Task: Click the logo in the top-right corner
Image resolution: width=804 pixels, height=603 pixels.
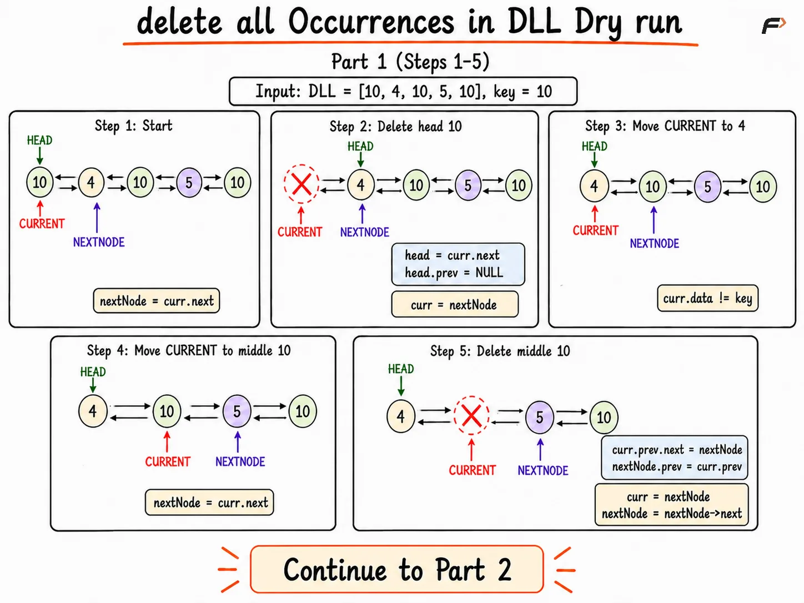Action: pyautogui.click(x=773, y=26)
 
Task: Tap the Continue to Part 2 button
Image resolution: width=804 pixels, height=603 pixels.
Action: pyautogui.click(x=396, y=569)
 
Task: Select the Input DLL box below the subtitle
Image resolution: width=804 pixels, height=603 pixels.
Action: pyautogui.click(x=403, y=91)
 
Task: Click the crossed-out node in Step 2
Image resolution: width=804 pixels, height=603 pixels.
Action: pyautogui.click(x=301, y=184)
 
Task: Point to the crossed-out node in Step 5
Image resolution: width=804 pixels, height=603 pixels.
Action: pyautogui.click(x=471, y=415)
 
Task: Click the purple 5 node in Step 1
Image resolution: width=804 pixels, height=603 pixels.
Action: pyautogui.click(x=189, y=182)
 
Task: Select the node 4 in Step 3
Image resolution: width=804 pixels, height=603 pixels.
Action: pyautogui.click(x=594, y=187)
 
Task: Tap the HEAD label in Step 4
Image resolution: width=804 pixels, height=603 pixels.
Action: pyautogui.click(x=93, y=372)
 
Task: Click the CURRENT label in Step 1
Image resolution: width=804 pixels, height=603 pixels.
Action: pyautogui.click(x=42, y=224)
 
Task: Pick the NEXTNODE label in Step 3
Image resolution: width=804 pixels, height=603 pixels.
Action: pyautogui.click(x=654, y=243)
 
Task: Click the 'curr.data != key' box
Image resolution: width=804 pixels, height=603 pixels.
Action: pyautogui.click(x=708, y=298)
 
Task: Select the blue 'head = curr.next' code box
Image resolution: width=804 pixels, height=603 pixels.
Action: pyautogui.click(x=458, y=264)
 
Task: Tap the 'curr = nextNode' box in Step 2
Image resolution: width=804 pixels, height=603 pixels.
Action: pyautogui.click(x=455, y=304)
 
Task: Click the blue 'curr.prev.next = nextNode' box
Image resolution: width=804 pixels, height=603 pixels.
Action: pyautogui.click(x=674, y=458)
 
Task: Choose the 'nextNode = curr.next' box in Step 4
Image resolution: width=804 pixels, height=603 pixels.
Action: pyautogui.click(x=209, y=502)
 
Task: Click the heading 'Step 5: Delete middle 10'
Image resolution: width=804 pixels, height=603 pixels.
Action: pyautogui.click(x=500, y=351)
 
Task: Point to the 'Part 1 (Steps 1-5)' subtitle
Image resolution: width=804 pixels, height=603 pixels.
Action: pyautogui.click(x=410, y=62)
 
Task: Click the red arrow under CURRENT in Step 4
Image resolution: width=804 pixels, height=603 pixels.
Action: pyautogui.click(x=167, y=442)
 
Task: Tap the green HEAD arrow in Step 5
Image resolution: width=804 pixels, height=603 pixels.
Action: pyautogui.click(x=401, y=386)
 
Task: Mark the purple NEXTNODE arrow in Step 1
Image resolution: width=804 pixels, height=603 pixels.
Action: pyautogui.click(x=97, y=218)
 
